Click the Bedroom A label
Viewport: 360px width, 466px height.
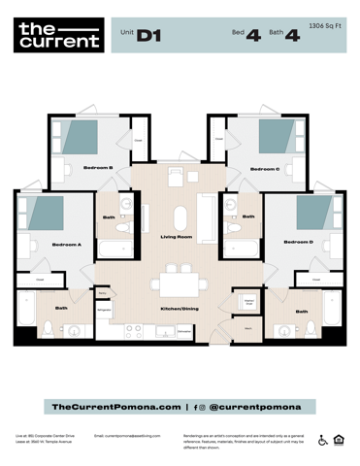pyautogui.click(x=66, y=244)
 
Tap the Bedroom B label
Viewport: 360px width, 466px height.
pyautogui.click(x=98, y=168)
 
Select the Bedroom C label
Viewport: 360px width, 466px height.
pyautogui.click(x=264, y=168)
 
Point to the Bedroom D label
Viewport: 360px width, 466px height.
pyautogui.click(x=298, y=242)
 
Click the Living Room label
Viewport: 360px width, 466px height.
pyautogui.click(x=177, y=237)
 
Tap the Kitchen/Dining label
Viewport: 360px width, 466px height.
pyautogui.click(x=180, y=309)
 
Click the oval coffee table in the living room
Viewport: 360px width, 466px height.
pyautogui.click(x=180, y=216)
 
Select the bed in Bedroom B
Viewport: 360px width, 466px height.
pyautogui.click(x=82, y=136)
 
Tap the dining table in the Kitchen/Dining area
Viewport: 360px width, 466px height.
pyautogui.click(x=180, y=283)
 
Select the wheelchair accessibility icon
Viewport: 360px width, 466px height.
pyautogui.click(x=323, y=440)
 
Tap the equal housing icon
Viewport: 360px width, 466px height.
pyautogui.click(x=339, y=440)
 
